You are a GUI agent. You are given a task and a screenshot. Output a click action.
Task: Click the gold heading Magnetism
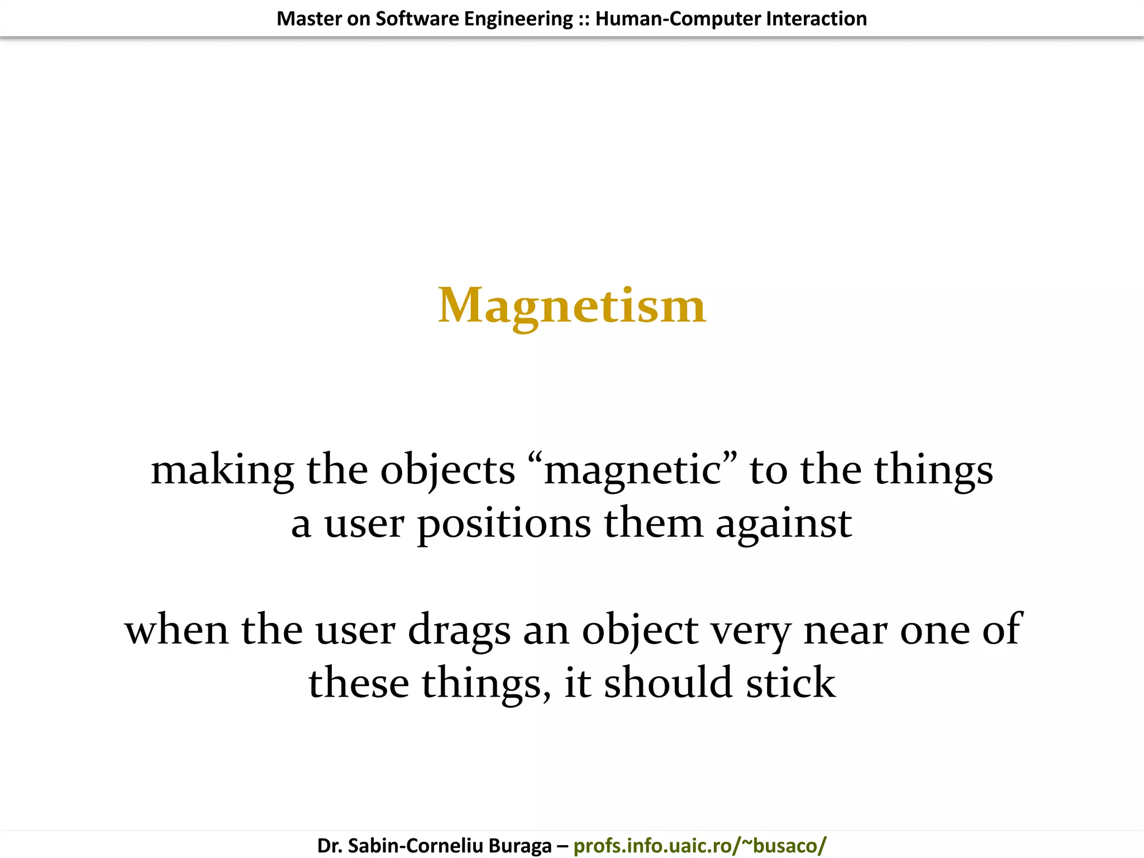pyautogui.click(x=572, y=306)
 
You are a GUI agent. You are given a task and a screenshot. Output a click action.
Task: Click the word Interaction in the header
pyautogui.click(x=816, y=19)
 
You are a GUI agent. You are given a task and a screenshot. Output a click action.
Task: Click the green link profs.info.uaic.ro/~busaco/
pyautogui.click(x=699, y=845)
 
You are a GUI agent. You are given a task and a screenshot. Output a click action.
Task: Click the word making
pyautogui.click(x=222, y=470)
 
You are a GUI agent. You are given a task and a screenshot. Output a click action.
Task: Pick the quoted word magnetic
pyautogui.click(x=632, y=470)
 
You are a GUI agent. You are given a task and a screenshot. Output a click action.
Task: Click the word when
pyautogui.click(x=177, y=630)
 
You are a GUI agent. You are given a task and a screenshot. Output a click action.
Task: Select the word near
pyautogui.click(x=845, y=630)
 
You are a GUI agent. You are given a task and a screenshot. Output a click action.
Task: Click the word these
pyautogui.click(x=359, y=683)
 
